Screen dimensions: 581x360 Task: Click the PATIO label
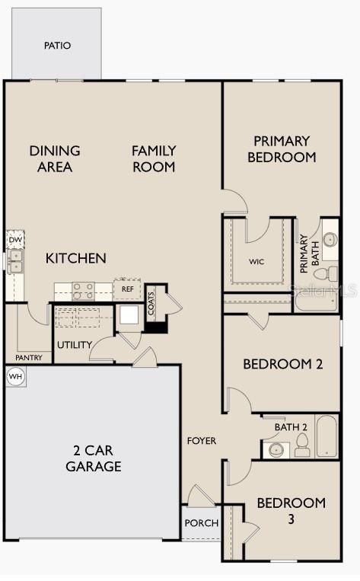pos(57,46)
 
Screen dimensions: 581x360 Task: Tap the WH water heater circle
pos(15,376)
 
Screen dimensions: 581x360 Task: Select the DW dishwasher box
pos(15,240)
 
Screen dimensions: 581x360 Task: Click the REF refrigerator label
pos(127,289)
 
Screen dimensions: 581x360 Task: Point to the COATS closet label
pos(151,304)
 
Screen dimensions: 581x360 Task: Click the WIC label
pos(256,261)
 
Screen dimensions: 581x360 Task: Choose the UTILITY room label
pos(74,345)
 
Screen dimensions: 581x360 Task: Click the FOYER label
pos(202,441)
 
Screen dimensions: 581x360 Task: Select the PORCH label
pos(202,523)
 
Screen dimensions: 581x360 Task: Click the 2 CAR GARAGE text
pos(93,458)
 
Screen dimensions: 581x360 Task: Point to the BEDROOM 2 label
pos(282,364)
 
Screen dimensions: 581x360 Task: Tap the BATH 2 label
pos(291,427)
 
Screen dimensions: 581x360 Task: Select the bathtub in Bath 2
pos(327,436)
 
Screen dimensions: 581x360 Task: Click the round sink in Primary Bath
pos(330,239)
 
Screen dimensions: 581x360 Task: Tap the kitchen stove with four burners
pos(83,290)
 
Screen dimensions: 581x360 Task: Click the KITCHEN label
pos(76,259)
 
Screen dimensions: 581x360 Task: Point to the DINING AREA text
pos(55,158)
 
